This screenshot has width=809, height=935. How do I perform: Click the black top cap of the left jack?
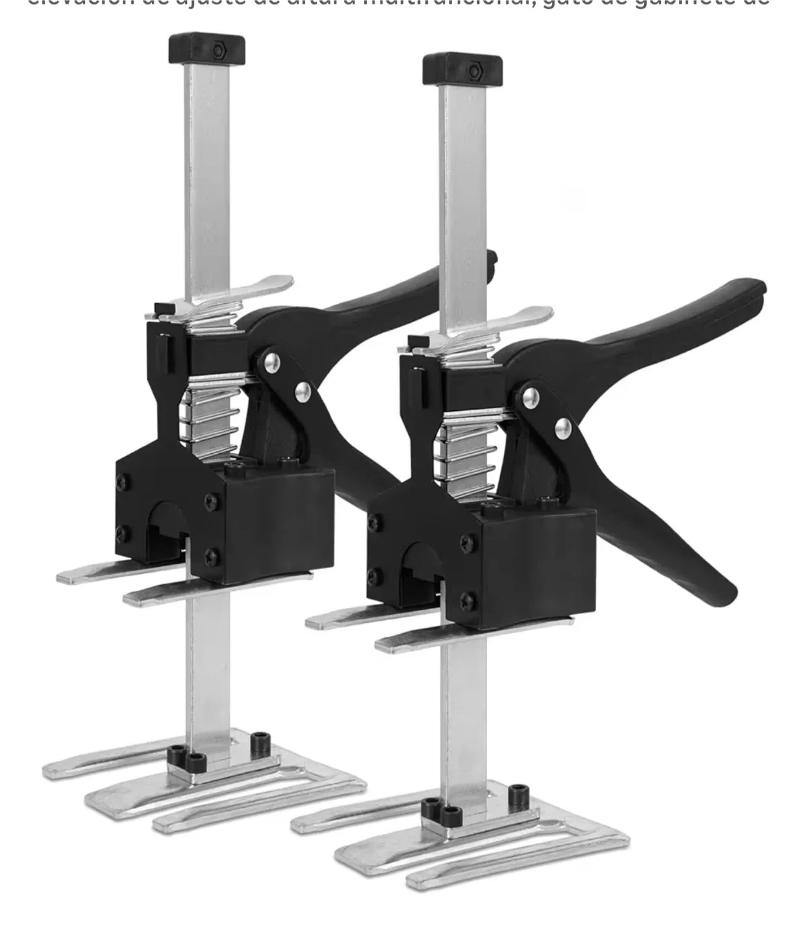pos(206,49)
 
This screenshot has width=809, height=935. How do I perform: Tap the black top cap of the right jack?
pos(462,69)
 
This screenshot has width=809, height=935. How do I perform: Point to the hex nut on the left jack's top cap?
pos(218,49)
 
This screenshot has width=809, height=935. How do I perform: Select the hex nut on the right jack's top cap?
pos(473,69)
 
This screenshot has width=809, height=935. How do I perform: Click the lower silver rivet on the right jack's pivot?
pos(563,427)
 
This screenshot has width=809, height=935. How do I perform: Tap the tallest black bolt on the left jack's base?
pos(261,740)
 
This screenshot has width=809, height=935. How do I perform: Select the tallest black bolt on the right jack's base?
pos(517,795)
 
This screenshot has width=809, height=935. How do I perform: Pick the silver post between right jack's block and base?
pos(462,714)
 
